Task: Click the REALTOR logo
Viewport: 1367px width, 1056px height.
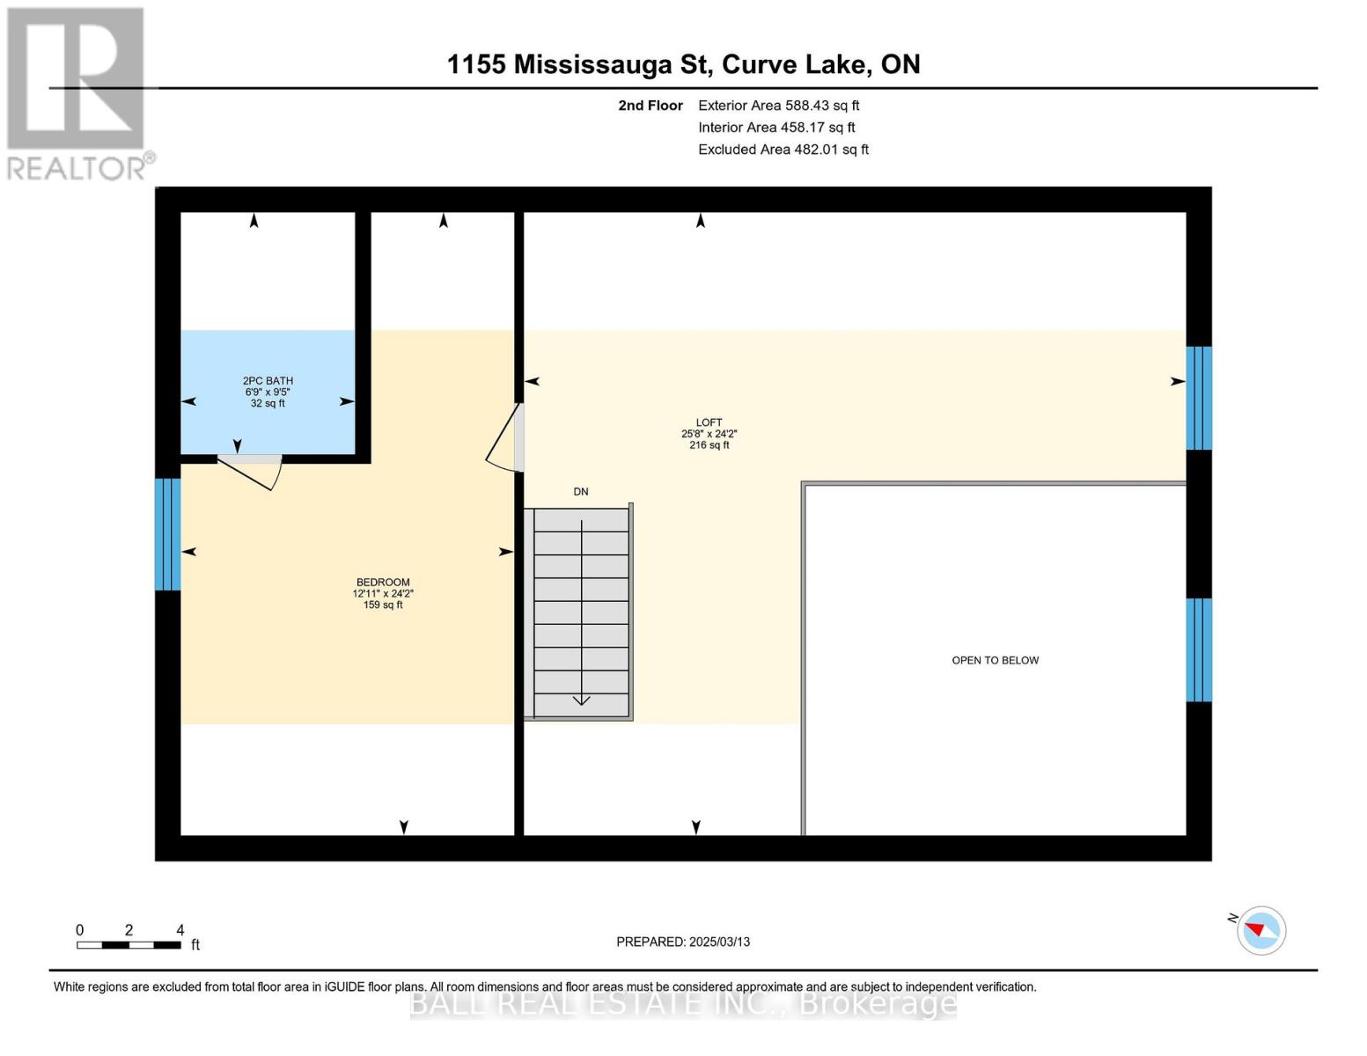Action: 77,92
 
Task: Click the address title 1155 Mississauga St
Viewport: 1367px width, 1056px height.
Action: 683,64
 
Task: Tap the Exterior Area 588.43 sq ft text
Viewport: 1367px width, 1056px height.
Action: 778,106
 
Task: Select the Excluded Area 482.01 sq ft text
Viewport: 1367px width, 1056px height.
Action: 783,150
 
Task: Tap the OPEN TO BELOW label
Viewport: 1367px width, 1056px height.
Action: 995,660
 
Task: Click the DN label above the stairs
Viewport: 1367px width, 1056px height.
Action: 581,492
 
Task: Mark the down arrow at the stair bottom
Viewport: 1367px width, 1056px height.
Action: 582,700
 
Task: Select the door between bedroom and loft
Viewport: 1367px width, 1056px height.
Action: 507,438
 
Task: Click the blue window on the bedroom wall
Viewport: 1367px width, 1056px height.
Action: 168,534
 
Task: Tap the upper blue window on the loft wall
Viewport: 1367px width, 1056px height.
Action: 1198,398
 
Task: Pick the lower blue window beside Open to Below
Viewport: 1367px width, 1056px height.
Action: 1198,649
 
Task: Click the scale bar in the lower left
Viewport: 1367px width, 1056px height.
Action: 129,944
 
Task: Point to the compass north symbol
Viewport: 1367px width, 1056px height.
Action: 1260,930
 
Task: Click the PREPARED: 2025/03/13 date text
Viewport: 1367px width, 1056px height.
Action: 683,942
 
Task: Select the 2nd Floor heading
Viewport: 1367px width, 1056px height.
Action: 650,106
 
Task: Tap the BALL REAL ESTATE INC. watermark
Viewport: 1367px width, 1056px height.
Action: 683,1003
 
